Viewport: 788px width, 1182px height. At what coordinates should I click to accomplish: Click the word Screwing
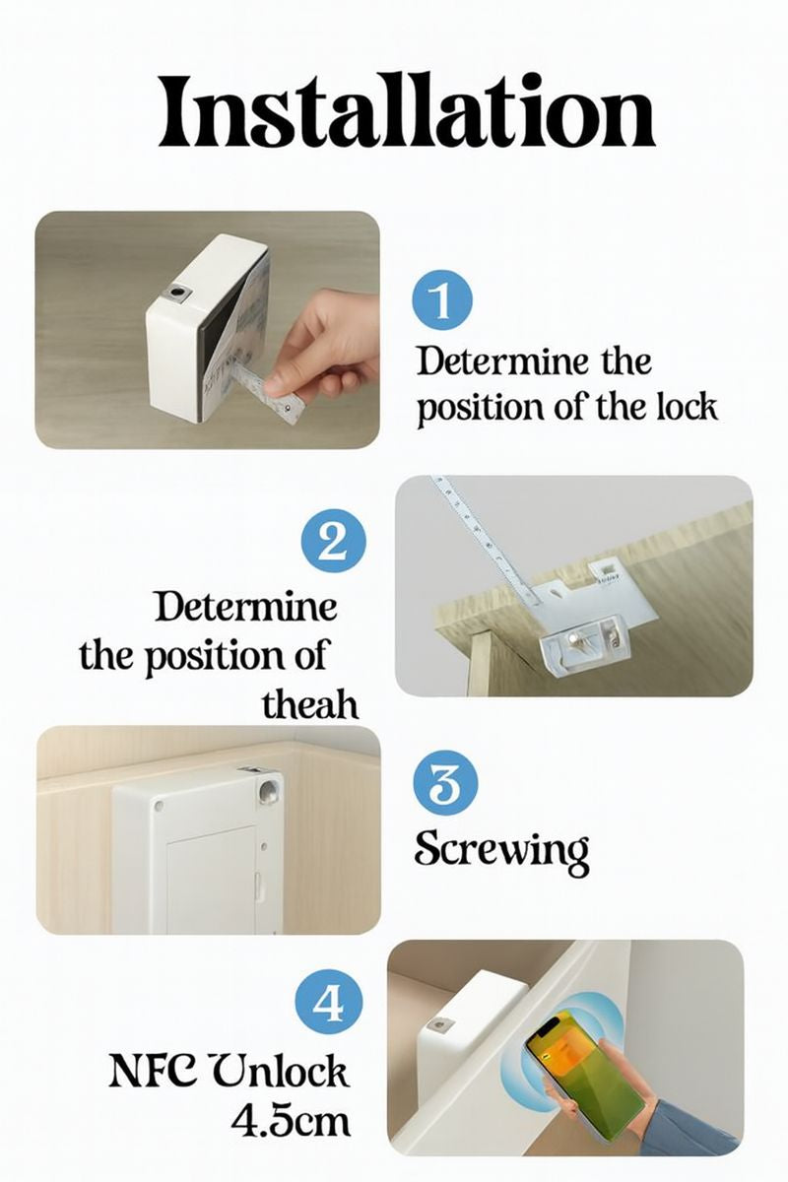click(x=501, y=849)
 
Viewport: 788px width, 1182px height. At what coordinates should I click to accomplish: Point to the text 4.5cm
click(x=291, y=1120)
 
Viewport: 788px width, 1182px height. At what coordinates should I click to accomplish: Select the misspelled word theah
click(x=310, y=705)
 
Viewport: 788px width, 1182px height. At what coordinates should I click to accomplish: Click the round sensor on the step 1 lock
click(x=178, y=294)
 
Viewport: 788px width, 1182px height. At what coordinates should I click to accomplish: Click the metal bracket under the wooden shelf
click(x=588, y=631)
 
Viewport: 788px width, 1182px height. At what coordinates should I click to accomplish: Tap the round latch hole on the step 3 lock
click(x=268, y=789)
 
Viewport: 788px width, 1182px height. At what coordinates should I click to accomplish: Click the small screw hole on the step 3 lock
click(x=159, y=808)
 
